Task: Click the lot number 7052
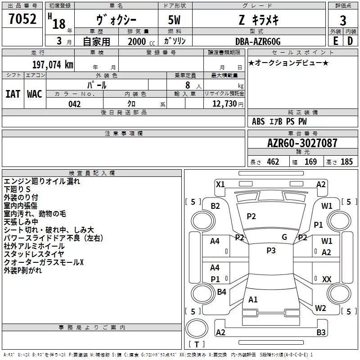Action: (x=22, y=20)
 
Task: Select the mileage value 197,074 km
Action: (x=53, y=65)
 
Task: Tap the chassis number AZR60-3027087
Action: (x=302, y=144)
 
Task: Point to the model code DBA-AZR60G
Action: (x=257, y=41)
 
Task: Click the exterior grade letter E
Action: (x=335, y=41)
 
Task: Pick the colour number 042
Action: (x=74, y=104)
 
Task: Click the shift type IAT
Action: (x=13, y=94)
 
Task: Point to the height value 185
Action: (x=346, y=162)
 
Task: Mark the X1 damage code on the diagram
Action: (x=220, y=184)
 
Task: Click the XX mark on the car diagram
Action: (x=327, y=279)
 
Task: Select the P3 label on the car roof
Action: (x=271, y=251)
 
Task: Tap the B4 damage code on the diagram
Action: (x=221, y=292)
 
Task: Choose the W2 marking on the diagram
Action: (x=320, y=308)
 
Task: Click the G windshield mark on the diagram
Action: (x=284, y=237)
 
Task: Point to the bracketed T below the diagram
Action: (x=197, y=344)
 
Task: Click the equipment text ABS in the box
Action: (x=258, y=121)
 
